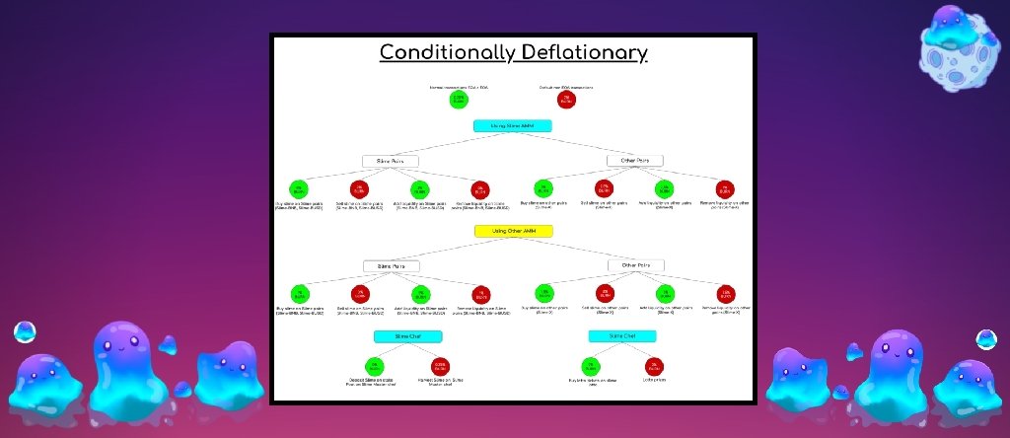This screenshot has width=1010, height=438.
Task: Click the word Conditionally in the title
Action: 445,52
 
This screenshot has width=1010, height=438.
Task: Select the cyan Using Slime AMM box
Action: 513,126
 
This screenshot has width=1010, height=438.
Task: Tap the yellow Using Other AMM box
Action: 513,231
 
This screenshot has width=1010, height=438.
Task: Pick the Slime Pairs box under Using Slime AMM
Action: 390,161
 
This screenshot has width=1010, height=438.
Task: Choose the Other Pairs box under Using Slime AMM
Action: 635,161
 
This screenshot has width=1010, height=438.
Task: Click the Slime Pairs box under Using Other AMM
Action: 390,265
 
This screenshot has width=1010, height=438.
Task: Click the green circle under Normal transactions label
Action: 459,101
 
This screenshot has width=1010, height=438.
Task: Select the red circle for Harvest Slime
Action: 440,367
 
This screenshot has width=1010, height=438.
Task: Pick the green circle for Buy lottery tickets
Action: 594,368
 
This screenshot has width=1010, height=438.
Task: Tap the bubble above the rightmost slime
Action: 984,341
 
